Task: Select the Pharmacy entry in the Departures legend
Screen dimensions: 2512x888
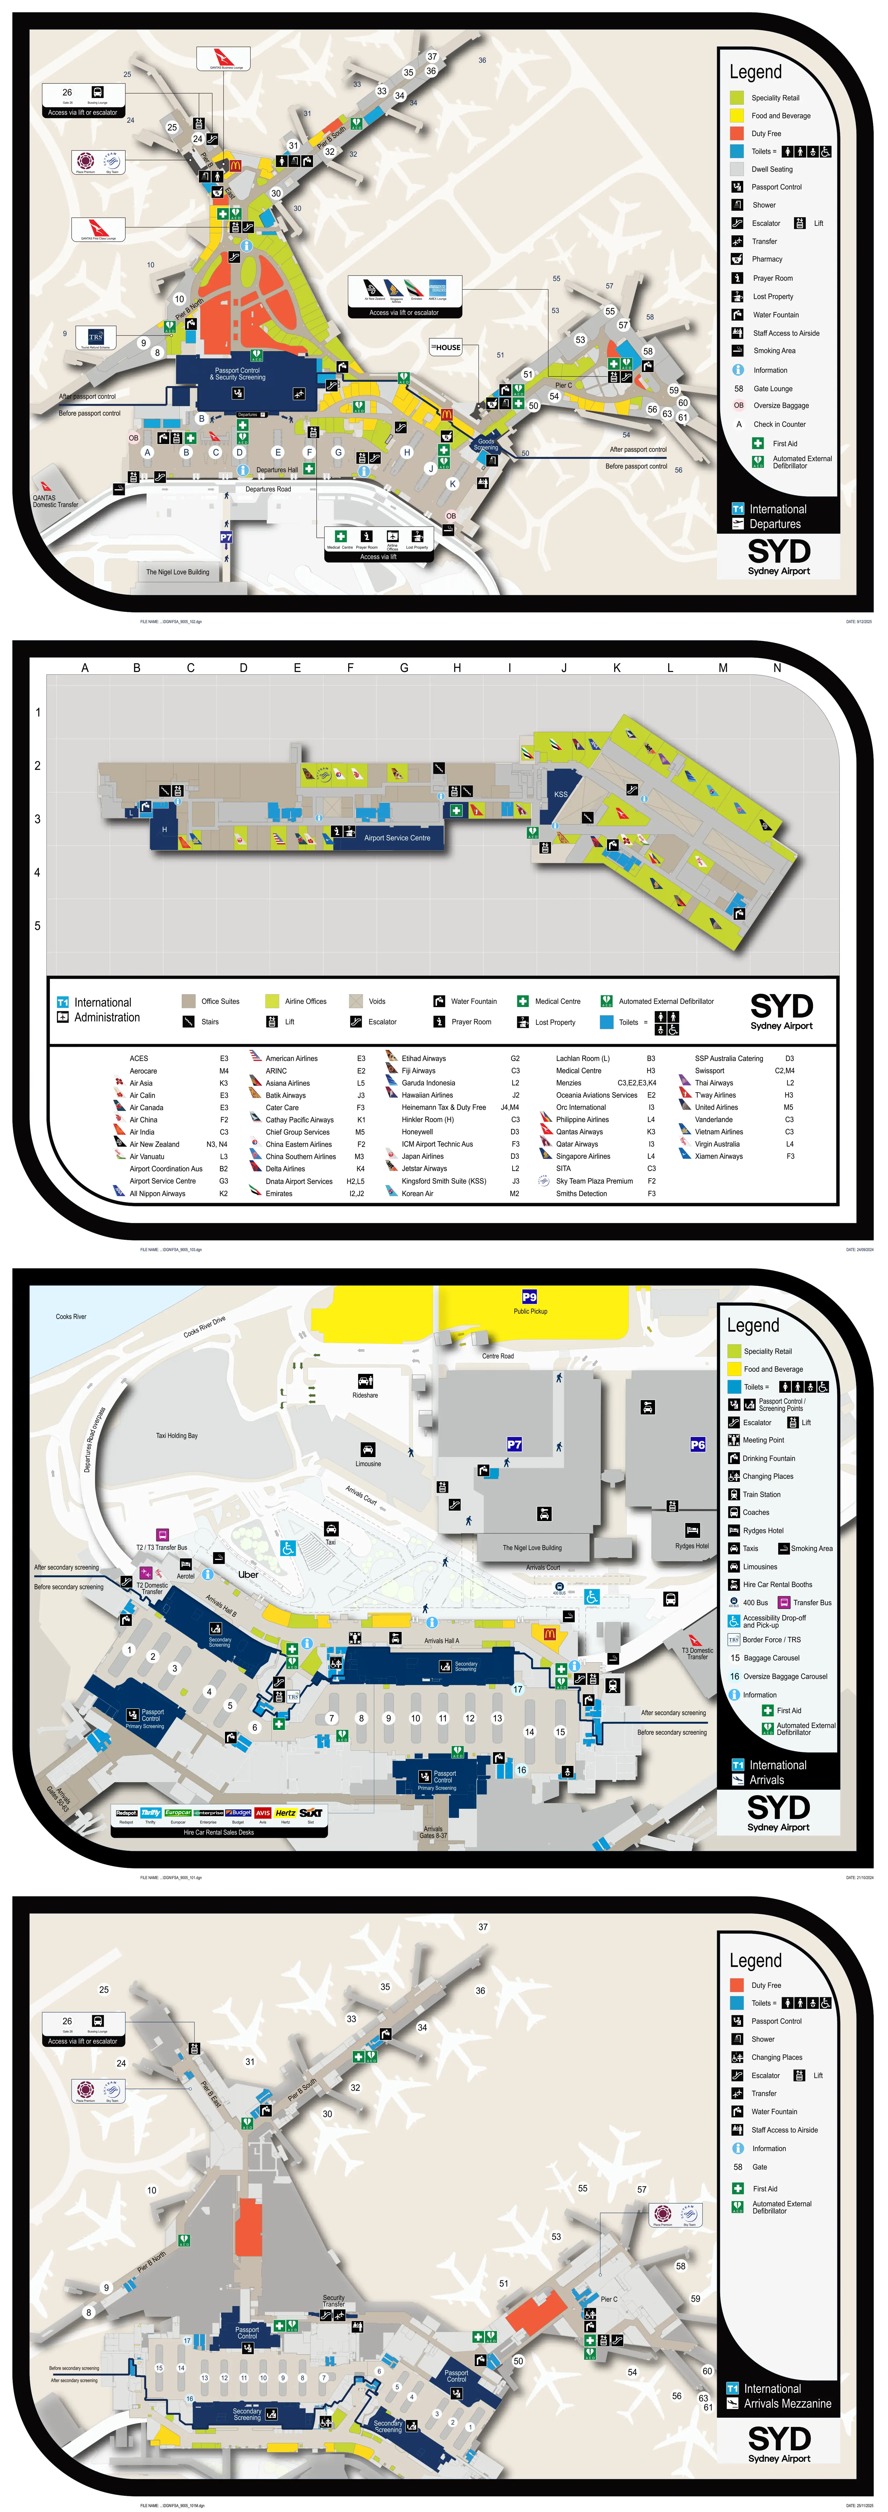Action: pyautogui.click(x=766, y=259)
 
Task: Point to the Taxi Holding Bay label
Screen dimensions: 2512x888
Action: pyautogui.click(x=176, y=1435)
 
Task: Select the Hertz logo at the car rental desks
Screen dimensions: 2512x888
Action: pyautogui.click(x=286, y=1813)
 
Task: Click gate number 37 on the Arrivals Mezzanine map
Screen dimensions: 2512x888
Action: pyautogui.click(x=482, y=1927)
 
